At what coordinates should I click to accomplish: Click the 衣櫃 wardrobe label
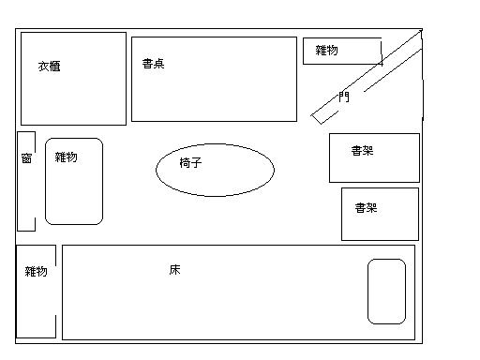50,67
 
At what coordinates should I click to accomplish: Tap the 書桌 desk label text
154,64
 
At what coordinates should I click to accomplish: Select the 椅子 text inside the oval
191,162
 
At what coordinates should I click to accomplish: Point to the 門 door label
344,96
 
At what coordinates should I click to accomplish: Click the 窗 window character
26,158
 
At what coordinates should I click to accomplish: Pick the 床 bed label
174,270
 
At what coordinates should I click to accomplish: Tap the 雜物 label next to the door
326,50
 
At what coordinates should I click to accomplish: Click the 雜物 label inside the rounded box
66,157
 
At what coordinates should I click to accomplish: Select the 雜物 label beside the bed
36,272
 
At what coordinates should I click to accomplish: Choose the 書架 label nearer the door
362,150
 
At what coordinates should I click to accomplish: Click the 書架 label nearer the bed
366,208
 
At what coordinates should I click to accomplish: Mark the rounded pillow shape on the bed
386,292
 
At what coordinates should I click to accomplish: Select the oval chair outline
215,170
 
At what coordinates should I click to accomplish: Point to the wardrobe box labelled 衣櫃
73,94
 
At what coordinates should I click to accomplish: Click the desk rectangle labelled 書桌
214,89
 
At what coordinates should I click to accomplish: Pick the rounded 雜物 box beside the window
74,192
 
